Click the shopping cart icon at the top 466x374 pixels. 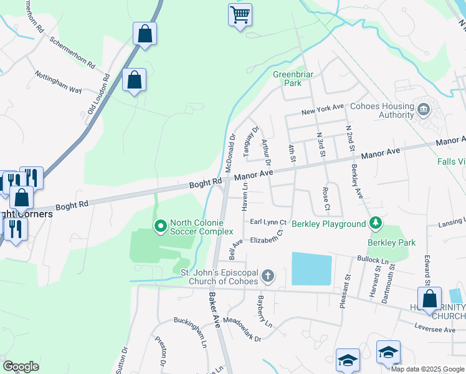click(x=240, y=14)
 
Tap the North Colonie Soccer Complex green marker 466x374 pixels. click(x=160, y=225)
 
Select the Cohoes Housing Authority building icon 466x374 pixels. click(x=424, y=110)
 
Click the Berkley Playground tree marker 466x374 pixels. click(x=375, y=223)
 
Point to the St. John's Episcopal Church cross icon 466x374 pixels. click(x=267, y=276)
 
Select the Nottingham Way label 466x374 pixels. click(x=58, y=81)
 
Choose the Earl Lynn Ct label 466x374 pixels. click(x=268, y=222)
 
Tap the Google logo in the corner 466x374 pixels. click(x=21, y=367)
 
